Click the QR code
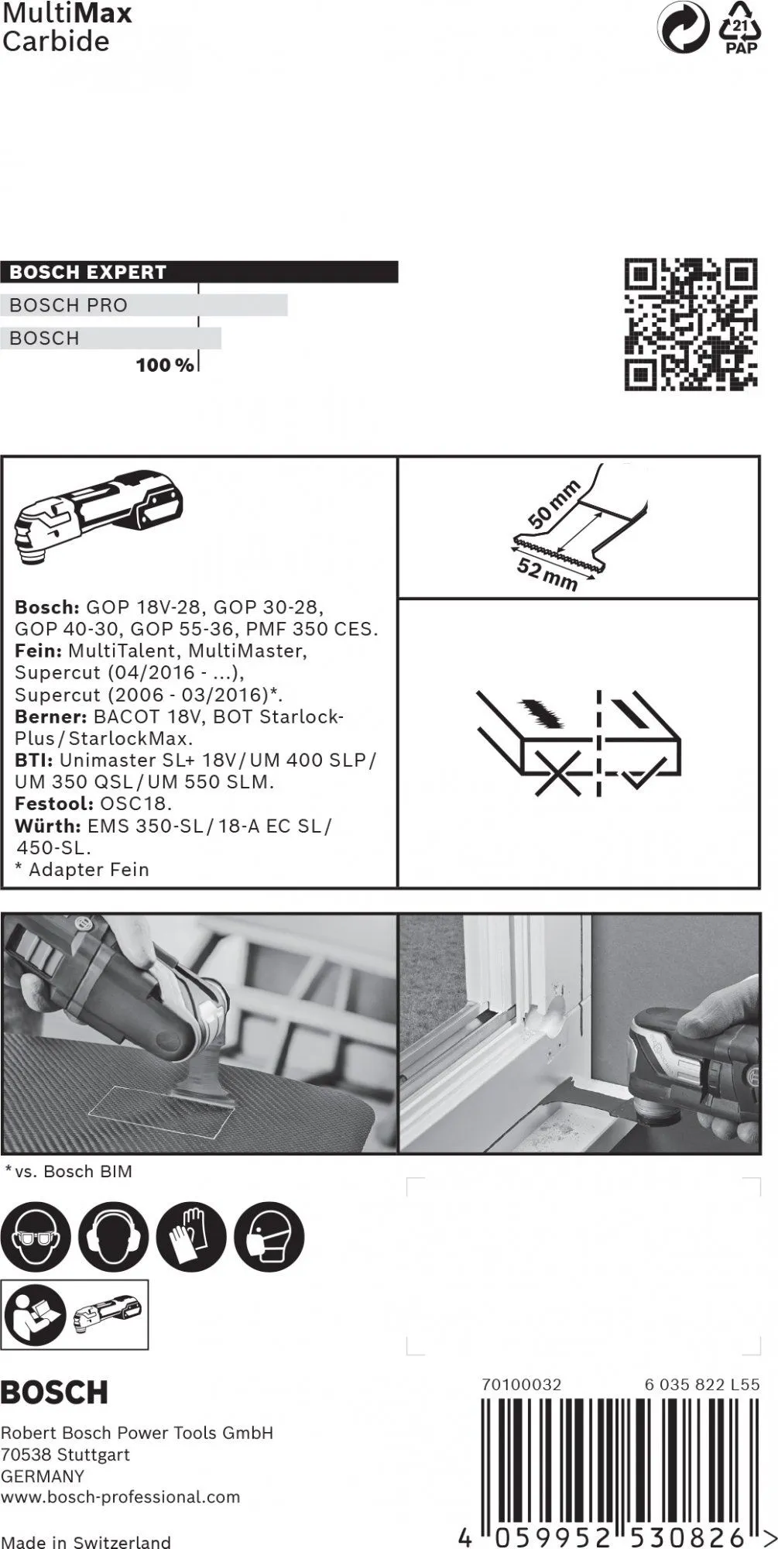click(x=690, y=325)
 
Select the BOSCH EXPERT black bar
click(x=199, y=272)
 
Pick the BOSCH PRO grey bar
click(x=144, y=305)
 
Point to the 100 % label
click(x=164, y=365)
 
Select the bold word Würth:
click(x=47, y=826)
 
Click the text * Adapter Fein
click(x=82, y=870)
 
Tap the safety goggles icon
click(x=36, y=1237)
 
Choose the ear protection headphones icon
click(x=113, y=1237)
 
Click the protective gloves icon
click(x=191, y=1237)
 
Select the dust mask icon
click(x=269, y=1237)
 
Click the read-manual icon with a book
click(x=36, y=1314)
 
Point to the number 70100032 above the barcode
click(x=521, y=1384)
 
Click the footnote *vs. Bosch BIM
click(x=69, y=1172)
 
